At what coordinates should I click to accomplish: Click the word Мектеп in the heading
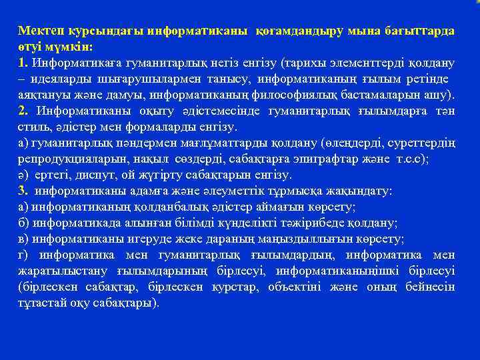37,31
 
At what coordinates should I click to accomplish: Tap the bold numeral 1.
23,63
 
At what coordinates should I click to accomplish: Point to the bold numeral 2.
23,111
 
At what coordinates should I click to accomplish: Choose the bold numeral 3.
23,191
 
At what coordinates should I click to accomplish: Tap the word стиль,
34,127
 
